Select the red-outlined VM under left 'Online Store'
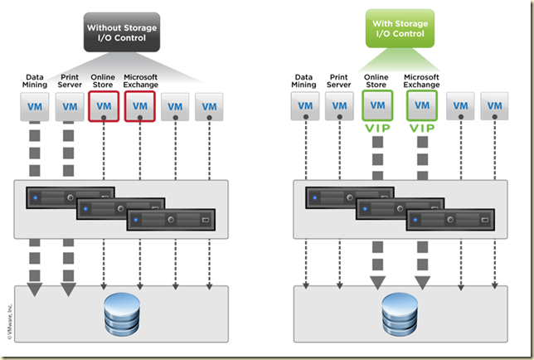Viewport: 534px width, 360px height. pos(104,106)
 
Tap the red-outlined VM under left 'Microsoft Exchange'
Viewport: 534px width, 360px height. pos(139,106)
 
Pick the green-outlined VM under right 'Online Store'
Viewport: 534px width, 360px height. pos(377,105)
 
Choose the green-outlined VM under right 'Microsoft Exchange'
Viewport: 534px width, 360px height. pos(422,105)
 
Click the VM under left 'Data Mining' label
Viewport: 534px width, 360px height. pos(34,106)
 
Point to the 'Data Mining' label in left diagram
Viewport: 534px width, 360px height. pos(34,81)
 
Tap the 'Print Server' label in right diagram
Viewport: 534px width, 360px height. pos(338,81)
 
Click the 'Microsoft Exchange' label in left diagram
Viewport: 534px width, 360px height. pos(140,81)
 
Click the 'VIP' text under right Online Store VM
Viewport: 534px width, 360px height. pos(377,129)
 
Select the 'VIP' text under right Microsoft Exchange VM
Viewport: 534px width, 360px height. pos(422,129)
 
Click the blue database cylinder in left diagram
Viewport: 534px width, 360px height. pos(121,314)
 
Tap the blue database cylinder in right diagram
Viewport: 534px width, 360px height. pos(399,314)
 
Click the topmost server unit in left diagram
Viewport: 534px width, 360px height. pos(69,197)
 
